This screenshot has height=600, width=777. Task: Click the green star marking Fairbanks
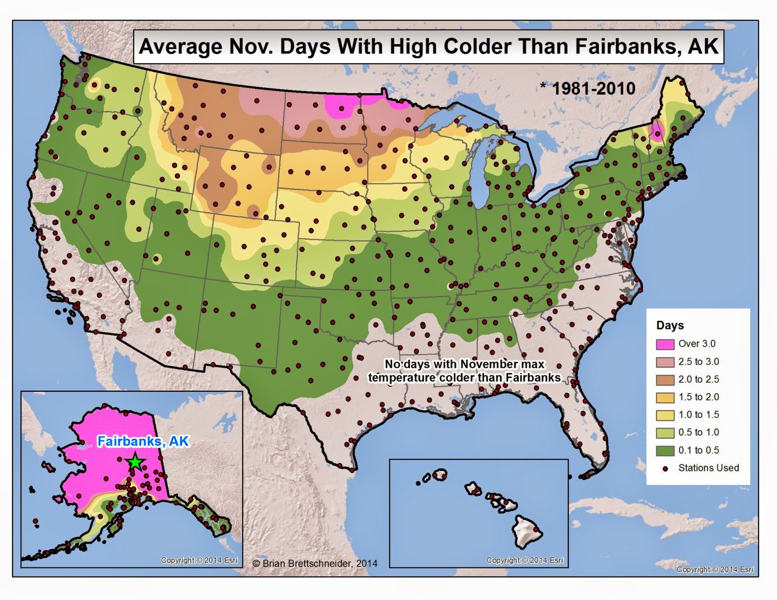click(135, 462)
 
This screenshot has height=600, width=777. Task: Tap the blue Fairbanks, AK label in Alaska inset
click(143, 441)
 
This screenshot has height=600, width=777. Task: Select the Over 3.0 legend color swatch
click(665, 344)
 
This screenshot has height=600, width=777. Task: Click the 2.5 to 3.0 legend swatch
click(665, 362)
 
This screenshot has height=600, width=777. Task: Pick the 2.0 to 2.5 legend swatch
click(665, 380)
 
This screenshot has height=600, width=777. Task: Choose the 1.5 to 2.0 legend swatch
click(665, 398)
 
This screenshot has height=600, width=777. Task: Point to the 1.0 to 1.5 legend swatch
click(665, 415)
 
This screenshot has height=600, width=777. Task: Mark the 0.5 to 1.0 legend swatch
click(665, 433)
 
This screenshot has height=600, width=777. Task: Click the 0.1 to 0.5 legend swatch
click(665, 450)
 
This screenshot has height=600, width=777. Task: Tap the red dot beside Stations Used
click(665, 468)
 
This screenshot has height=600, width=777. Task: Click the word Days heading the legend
click(670, 326)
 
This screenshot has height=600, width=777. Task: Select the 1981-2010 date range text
click(593, 88)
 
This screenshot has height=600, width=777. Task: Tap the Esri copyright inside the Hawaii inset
click(524, 560)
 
